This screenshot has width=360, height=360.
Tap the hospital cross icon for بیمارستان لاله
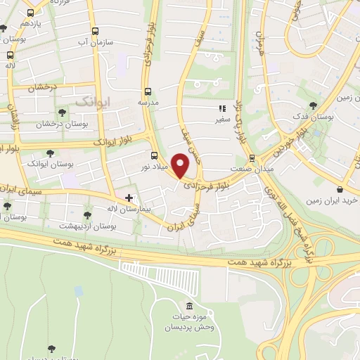click(128, 198)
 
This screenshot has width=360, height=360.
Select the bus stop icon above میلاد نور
click(154, 155)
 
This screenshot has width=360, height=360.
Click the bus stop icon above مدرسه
click(148, 91)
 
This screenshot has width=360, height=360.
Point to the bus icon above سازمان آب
click(96, 30)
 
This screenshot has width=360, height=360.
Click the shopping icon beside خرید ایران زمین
click(340, 189)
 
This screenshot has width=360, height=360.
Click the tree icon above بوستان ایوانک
click(49, 153)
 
